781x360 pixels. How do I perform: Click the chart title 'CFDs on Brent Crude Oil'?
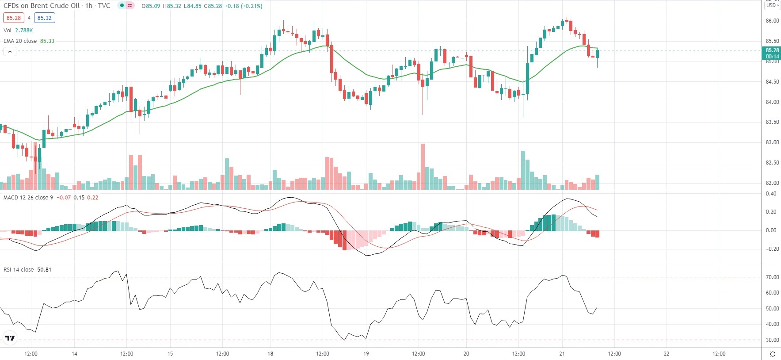(42, 6)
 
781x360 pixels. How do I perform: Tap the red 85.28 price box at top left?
(14, 18)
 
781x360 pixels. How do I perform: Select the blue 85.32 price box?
(44, 18)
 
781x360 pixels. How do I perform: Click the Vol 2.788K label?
(18, 31)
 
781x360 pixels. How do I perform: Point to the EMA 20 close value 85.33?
(47, 41)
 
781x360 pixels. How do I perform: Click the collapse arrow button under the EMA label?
(10, 52)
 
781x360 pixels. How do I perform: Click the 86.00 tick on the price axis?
(772, 21)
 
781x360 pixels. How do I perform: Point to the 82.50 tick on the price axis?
(772, 163)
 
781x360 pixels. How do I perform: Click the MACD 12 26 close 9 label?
(28, 198)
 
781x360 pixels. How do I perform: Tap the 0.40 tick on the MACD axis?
(771, 194)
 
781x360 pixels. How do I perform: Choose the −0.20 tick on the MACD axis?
(770, 249)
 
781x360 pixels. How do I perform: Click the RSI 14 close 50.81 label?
(27, 270)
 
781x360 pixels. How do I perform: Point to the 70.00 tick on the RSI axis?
(772, 277)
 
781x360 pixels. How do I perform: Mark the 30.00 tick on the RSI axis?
(772, 340)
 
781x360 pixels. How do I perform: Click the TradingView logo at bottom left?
(10, 339)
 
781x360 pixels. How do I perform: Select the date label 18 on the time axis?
(270, 354)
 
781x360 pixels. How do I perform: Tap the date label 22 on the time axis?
(667, 354)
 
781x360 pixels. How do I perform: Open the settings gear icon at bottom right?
(773, 354)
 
